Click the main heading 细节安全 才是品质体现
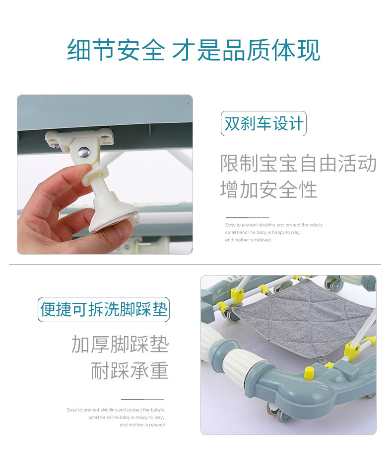(x=194, y=50)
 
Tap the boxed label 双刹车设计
(x=263, y=123)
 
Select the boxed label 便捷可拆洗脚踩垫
(x=104, y=310)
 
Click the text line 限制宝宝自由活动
(x=298, y=164)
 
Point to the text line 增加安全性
(x=268, y=189)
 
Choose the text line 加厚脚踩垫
(x=120, y=344)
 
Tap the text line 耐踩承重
(x=130, y=370)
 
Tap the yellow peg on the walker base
(x=309, y=372)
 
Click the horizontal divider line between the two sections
(x=195, y=265)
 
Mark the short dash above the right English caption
(x=248, y=218)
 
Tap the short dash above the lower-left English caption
(x=142, y=399)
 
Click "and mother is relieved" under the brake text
(x=248, y=240)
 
